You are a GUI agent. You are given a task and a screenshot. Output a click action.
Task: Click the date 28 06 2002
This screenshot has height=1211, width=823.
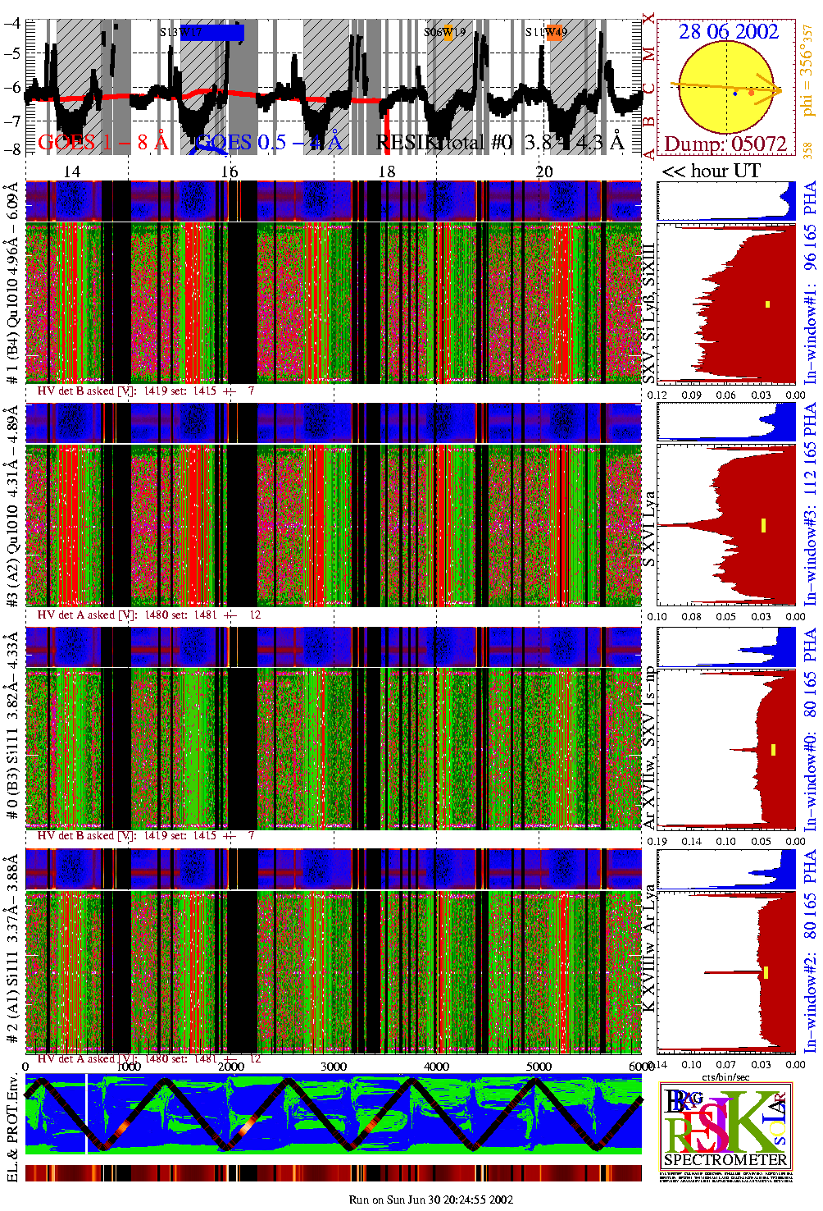[x=728, y=31]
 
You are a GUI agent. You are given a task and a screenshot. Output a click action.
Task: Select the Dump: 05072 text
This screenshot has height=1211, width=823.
[x=725, y=144]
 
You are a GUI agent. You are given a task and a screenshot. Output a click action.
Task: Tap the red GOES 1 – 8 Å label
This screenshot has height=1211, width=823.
[x=103, y=142]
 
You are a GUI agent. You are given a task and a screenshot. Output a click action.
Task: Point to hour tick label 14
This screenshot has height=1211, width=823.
[x=72, y=171]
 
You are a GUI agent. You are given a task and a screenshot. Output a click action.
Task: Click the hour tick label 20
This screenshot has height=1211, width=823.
[x=544, y=171]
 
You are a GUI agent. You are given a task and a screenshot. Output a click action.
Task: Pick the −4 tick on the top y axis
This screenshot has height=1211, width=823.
[x=12, y=23]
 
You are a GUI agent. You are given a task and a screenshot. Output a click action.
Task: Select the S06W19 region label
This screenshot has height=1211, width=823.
[x=444, y=33]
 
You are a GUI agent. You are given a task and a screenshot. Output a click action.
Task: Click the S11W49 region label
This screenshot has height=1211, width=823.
[x=546, y=33]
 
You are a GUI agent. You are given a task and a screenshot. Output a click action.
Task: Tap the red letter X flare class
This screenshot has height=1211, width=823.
[x=649, y=19]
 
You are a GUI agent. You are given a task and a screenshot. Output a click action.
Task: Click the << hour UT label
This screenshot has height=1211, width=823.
[x=711, y=171]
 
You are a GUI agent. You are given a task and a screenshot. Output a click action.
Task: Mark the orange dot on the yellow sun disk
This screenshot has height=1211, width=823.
[x=751, y=93]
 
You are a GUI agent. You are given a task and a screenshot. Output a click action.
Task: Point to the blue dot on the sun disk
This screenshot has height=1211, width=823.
[x=734, y=94]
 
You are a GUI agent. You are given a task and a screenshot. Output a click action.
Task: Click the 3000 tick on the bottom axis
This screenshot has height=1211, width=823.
[x=333, y=1067]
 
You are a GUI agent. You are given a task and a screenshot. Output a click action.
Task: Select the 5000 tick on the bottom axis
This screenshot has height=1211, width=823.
[x=539, y=1067]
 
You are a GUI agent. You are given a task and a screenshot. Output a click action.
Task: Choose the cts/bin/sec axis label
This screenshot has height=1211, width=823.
[x=725, y=1076]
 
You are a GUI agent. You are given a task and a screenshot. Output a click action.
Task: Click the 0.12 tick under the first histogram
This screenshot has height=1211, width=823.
[x=657, y=395]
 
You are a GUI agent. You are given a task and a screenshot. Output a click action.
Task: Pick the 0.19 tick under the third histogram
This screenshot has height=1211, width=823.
[x=657, y=841]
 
